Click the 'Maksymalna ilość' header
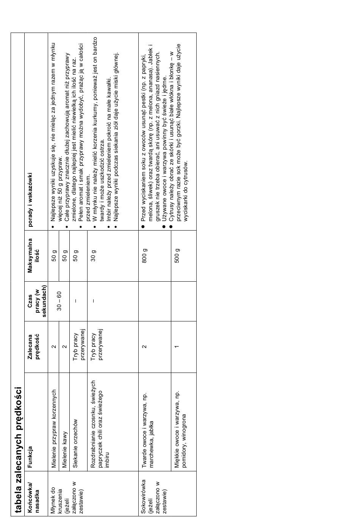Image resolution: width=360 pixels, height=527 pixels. click(x=33, y=255)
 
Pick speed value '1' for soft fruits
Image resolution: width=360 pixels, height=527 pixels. click(x=177, y=346)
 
